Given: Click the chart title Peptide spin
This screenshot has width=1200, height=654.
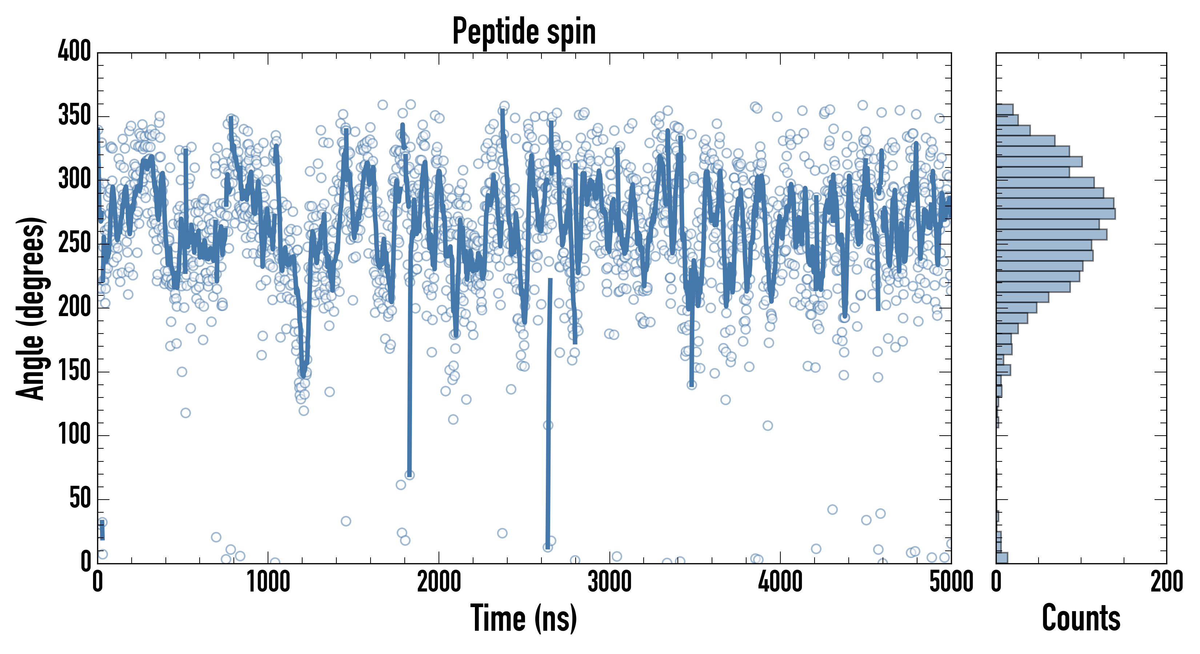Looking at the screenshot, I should [x=524, y=32].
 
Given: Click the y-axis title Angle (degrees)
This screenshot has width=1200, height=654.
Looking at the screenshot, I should [x=31, y=308].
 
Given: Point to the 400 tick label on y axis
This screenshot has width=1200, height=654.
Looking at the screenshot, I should [x=75, y=51].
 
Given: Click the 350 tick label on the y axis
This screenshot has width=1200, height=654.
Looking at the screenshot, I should [x=75, y=116].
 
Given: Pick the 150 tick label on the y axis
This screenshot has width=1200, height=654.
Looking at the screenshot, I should [x=75, y=371].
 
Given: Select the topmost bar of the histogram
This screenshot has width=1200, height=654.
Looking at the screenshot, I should [x=1004, y=109].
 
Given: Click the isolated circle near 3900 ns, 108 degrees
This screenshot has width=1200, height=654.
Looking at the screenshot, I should [x=768, y=425].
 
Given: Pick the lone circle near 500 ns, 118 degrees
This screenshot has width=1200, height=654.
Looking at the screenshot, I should [x=185, y=413].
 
